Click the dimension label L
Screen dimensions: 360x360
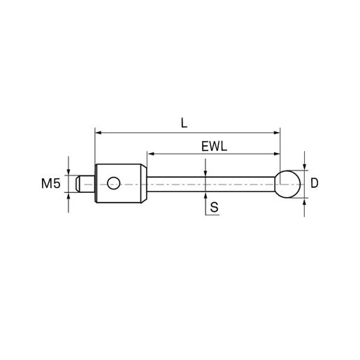pyautogui.click(x=184, y=123)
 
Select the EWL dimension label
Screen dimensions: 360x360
pyautogui.click(x=214, y=147)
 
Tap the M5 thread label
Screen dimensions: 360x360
pyautogui.click(x=51, y=183)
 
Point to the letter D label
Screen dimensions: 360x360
pyautogui.click(x=315, y=183)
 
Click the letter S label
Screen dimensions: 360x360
pyautogui.click(x=214, y=207)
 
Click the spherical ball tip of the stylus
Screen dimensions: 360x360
pyautogui.click(x=288, y=184)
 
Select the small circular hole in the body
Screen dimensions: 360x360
pyautogui.click(x=114, y=183)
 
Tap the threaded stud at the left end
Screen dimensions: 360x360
pyautogui.click(x=85, y=184)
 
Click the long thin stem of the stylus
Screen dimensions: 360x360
pyautogui.click(x=212, y=184)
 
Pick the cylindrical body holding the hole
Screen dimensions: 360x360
pyautogui.click(x=121, y=183)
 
